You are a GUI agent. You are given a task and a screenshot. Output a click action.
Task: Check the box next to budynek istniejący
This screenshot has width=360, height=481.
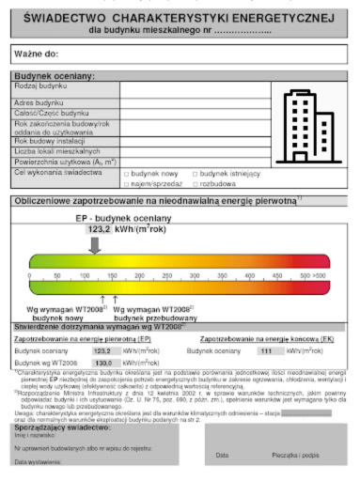click(195, 174)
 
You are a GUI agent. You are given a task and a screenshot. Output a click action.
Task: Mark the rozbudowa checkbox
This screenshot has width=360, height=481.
click(195, 183)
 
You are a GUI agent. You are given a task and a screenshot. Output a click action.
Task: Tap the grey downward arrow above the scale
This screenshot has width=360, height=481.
click(95, 244)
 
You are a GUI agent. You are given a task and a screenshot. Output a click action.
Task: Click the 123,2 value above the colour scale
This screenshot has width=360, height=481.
click(100, 228)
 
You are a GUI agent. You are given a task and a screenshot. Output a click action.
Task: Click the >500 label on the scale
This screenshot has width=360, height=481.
click(320, 276)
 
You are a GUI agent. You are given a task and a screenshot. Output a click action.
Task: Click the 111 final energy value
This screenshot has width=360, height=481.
click(265, 349)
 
